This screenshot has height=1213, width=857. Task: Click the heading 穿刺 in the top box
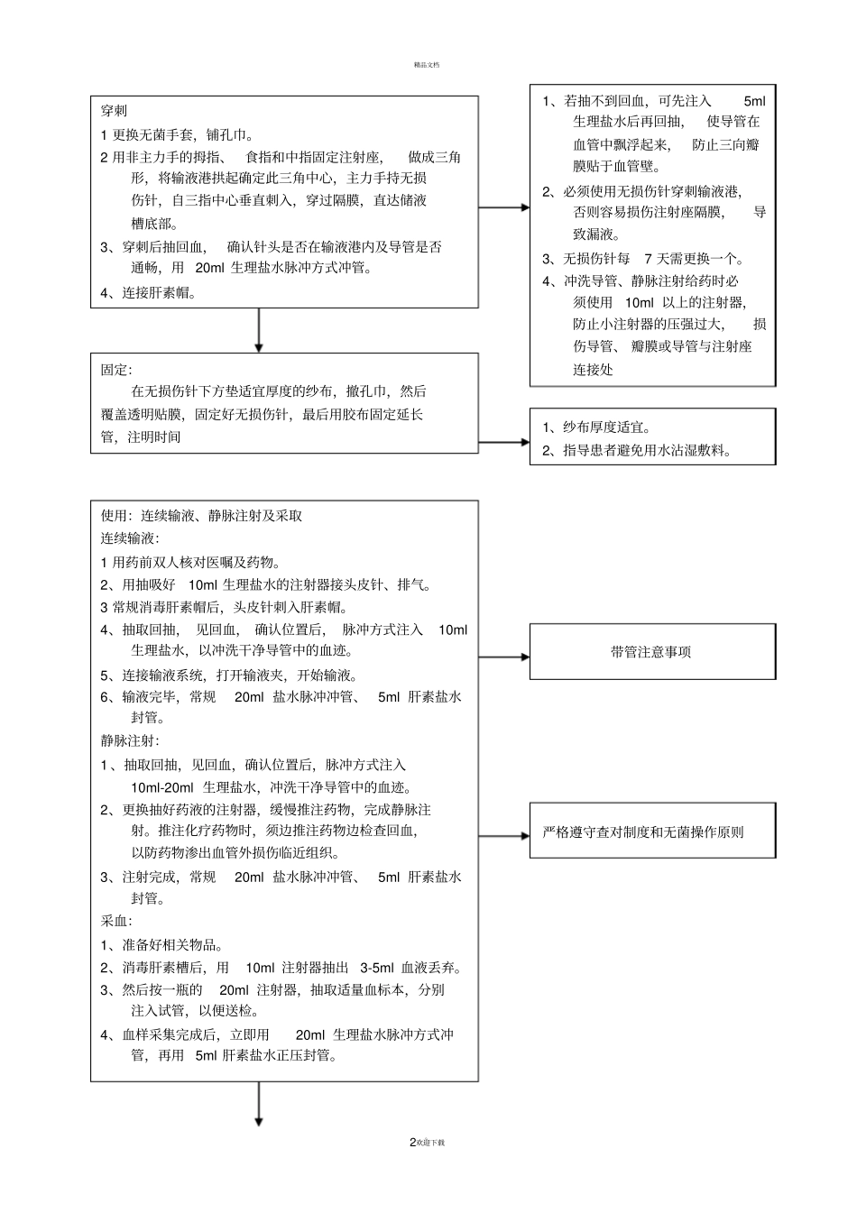click(114, 111)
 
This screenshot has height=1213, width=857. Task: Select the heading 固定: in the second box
click(116, 370)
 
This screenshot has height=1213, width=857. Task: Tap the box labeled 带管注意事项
click(651, 652)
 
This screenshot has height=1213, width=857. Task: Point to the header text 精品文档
click(427, 65)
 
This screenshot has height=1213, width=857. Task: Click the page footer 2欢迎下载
click(428, 1143)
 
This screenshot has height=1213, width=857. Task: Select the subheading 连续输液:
click(130, 538)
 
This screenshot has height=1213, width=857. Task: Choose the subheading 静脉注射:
click(130, 740)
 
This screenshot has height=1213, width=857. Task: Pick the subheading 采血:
click(116, 922)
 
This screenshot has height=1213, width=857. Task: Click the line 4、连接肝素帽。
click(149, 292)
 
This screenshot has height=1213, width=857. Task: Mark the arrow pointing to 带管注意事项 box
click(503, 657)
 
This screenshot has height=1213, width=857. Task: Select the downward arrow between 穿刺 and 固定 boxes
click(259, 330)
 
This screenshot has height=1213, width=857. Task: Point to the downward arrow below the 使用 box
click(259, 1104)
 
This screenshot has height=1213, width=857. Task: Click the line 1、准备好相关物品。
click(162, 945)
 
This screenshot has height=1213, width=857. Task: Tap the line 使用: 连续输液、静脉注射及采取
click(201, 516)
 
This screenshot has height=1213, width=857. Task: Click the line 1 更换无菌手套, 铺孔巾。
click(178, 135)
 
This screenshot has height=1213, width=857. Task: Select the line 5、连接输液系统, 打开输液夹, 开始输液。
click(229, 675)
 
